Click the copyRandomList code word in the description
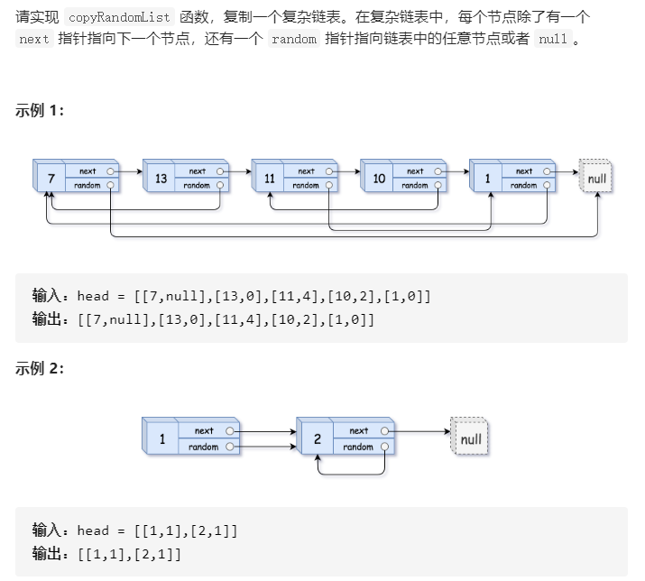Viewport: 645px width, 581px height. pyautogui.click(x=120, y=17)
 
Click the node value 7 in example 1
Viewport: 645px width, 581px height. pyautogui.click(x=51, y=179)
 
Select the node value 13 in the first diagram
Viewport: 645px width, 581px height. pyautogui.click(x=161, y=179)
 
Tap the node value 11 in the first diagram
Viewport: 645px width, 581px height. pyautogui.click(x=269, y=179)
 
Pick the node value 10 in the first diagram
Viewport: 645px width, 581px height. pyautogui.click(x=378, y=179)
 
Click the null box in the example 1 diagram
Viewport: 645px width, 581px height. pyautogui.click(x=597, y=178)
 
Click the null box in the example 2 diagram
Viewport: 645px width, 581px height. pyautogui.click(x=470, y=439)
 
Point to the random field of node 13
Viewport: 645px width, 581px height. pyautogui.click(x=197, y=186)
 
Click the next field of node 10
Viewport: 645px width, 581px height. pyautogui.click(x=415, y=171)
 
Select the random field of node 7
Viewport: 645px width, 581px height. pyautogui.click(x=88, y=186)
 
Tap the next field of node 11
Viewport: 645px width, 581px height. pyautogui.click(x=306, y=171)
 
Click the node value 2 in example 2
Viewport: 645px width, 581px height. pyautogui.click(x=317, y=439)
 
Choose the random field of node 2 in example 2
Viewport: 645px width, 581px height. pyautogui.click(x=358, y=447)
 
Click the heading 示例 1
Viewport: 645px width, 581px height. pyautogui.click(x=40, y=111)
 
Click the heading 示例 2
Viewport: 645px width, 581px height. pyautogui.click(x=40, y=368)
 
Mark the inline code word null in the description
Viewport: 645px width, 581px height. pyautogui.click(x=552, y=41)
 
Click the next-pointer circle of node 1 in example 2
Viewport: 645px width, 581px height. pyautogui.click(x=230, y=431)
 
